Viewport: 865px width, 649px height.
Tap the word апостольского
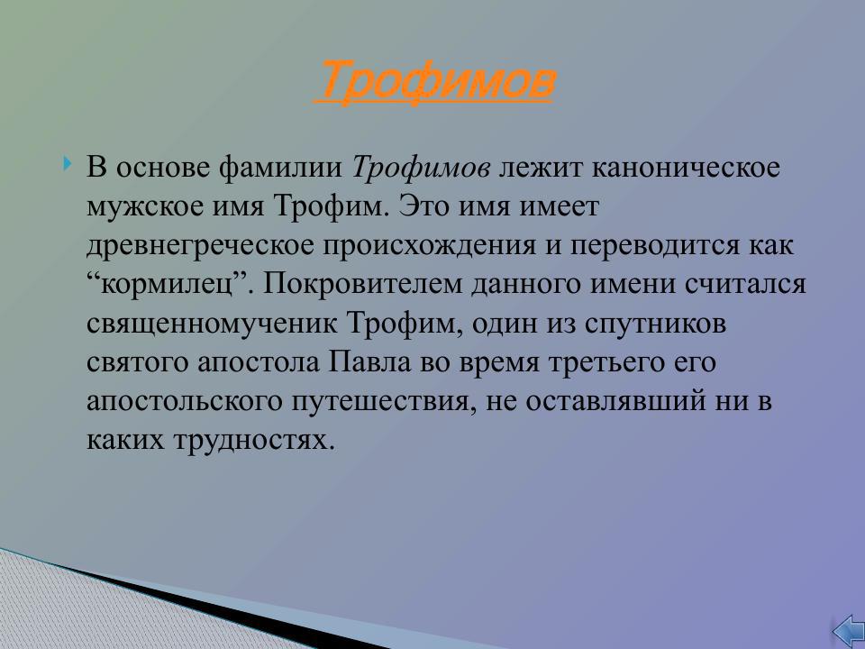point(181,401)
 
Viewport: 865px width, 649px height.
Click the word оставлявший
point(606,401)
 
